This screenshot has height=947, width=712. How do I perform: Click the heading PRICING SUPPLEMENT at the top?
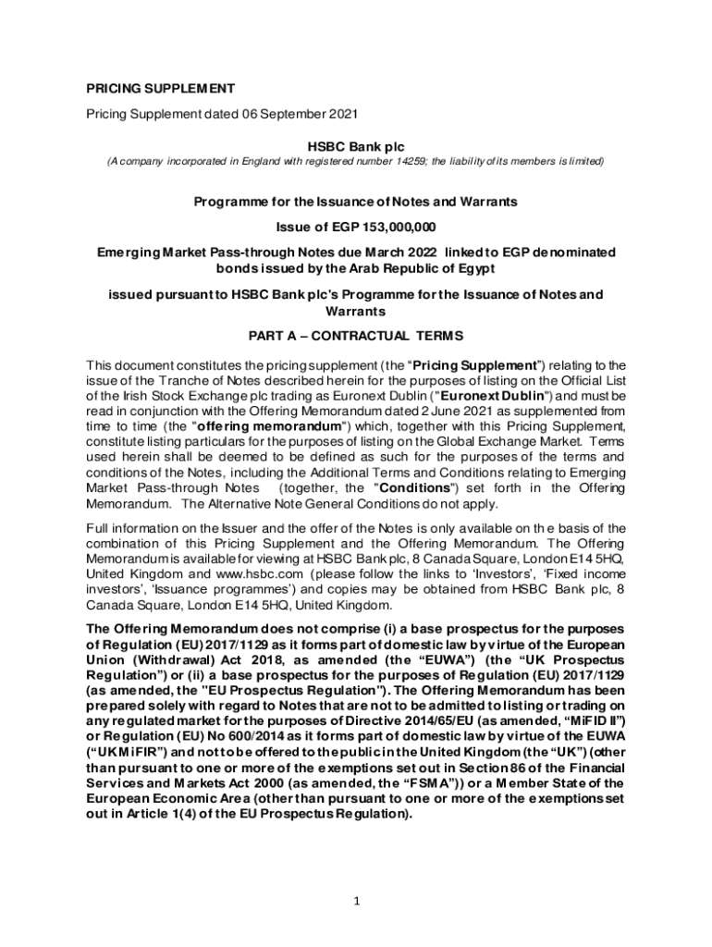(160, 90)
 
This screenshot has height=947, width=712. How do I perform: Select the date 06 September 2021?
(289, 114)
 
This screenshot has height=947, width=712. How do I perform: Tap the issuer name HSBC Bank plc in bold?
(355, 146)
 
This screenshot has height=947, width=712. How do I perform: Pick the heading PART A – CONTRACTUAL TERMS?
(356, 335)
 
